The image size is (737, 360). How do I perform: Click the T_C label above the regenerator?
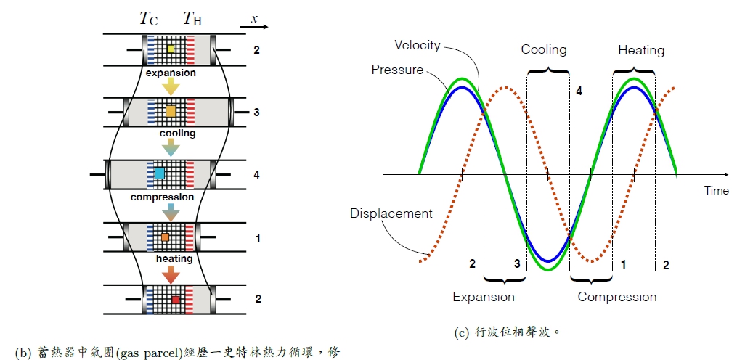pyautogui.click(x=149, y=19)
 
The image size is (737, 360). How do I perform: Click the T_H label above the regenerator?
pyautogui.click(x=192, y=19)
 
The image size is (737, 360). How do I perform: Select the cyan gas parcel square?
pyautogui.click(x=160, y=173)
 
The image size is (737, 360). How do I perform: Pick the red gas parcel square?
pyautogui.click(x=175, y=298)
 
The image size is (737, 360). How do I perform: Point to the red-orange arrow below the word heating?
pyautogui.click(x=171, y=274)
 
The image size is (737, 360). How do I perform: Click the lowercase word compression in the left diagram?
pyautogui.click(x=162, y=197)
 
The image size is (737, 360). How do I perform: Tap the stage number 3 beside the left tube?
pyautogui.click(x=256, y=112)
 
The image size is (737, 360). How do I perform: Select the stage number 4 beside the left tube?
pyautogui.click(x=256, y=175)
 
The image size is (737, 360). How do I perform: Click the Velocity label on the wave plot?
pyautogui.click(x=417, y=45)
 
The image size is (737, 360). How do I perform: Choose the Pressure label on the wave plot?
pyautogui.click(x=397, y=70)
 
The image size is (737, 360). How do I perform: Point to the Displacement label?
pyautogui.click(x=391, y=213)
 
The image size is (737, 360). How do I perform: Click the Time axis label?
pyautogui.click(x=716, y=190)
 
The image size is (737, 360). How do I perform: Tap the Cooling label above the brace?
pyautogui.click(x=544, y=50)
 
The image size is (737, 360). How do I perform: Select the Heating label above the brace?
pyautogui.click(x=641, y=50)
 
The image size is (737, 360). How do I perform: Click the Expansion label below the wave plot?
pyautogui.click(x=483, y=297)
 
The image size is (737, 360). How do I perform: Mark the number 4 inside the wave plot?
pyautogui.click(x=579, y=91)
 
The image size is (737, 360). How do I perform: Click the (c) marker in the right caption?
pyautogui.click(x=461, y=333)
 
